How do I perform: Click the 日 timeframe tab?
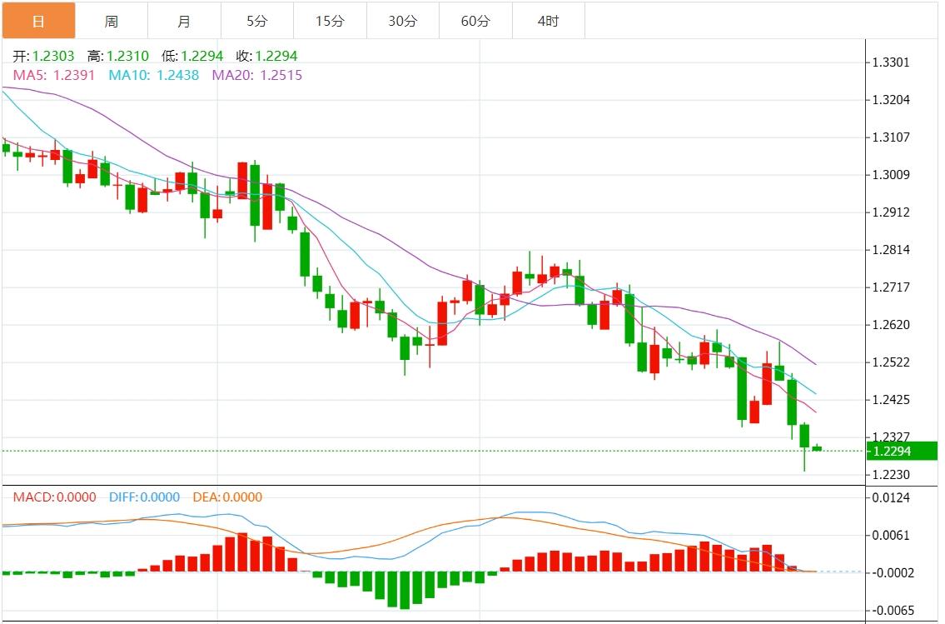[x=38, y=21]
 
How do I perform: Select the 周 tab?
[x=112, y=21]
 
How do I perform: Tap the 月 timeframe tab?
[x=184, y=21]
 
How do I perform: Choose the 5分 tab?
[x=257, y=21]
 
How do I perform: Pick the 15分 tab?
[x=330, y=21]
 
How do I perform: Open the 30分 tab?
[x=403, y=21]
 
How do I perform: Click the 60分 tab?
[x=475, y=21]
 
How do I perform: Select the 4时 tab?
[x=549, y=21]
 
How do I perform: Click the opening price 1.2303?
[x=53, y=57]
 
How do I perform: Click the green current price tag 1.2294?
[x=902, y=451]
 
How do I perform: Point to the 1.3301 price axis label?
[x=890, y=62]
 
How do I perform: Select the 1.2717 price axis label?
[x=890, y=287]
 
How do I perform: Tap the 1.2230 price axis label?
[x=890, y=475]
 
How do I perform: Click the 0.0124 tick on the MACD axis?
[x=890, y=498]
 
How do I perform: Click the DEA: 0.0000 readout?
[x=227, y=497]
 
